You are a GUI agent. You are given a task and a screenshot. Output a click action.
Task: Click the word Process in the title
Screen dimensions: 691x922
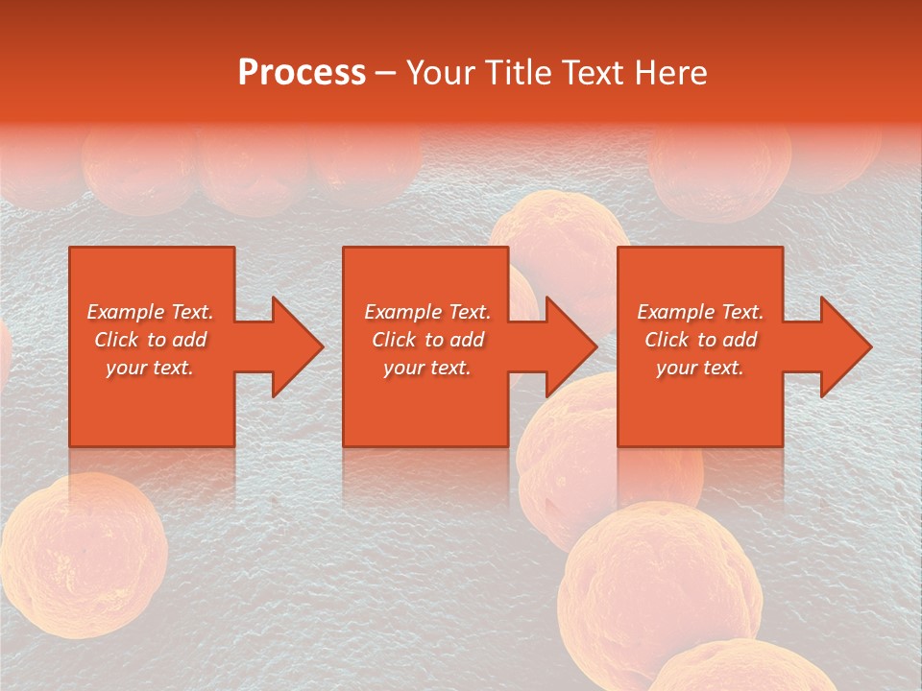tap(302, 73)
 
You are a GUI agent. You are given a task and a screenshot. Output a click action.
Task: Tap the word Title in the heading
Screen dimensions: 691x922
tap(519, 73)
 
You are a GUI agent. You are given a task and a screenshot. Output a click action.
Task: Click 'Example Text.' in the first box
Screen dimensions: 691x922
tap(150, 312)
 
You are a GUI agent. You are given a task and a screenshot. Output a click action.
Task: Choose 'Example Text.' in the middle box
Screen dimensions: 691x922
tap(427, 312)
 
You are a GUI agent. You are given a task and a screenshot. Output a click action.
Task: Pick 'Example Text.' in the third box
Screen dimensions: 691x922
tap(700, 312)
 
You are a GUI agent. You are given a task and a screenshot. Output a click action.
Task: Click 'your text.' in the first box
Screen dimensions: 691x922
tap(150, 368)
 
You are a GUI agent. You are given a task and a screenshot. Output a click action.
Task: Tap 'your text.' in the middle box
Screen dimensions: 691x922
tap(427, 368)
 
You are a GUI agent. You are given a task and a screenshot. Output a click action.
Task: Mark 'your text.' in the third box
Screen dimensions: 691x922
tap(700, 368)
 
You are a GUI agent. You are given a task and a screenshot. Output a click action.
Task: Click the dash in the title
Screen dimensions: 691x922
tap(385, 73)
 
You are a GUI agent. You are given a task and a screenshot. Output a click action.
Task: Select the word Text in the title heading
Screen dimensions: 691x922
tap(591, 73)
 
